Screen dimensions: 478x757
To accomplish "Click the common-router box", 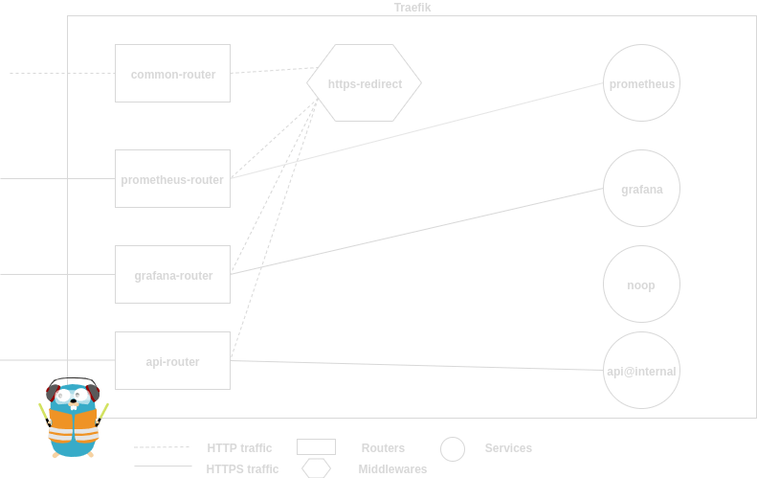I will click(x=172, y=73).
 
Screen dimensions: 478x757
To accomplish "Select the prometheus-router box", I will click(x=172, y=178).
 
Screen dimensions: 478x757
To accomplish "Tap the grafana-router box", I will click(x=172, y=275).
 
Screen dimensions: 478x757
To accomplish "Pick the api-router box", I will click(x=172, y=360).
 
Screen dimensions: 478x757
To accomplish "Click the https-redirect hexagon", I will click(x=364, y=83).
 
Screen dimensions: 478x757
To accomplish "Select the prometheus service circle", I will click(x=641, y=83).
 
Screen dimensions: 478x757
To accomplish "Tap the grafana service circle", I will click(x=641, y=189).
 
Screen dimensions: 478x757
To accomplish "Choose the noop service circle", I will click(x=641, y=285).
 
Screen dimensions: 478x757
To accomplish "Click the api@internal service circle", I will click(x=641, y=371).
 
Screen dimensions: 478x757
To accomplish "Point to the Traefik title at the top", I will click(x=412, y=8).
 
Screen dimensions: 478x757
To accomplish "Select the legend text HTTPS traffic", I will click(x=243, y=469).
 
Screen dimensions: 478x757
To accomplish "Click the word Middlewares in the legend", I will click(x=392, y=469).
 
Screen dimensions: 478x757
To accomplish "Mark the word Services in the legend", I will click(x=508, y=447).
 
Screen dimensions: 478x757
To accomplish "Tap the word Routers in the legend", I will click(x=383, y=447).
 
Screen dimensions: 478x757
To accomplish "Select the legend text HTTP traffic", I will click(x=239, y=447).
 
